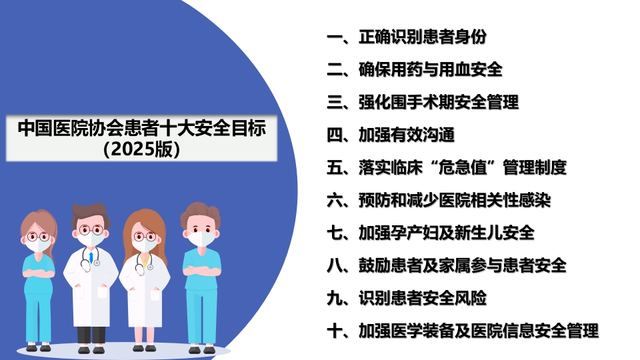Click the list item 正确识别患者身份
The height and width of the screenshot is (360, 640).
click(427, 37)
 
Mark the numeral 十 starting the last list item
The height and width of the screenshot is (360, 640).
click(334, 331)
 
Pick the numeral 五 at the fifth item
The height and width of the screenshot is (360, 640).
click(334, 167)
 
